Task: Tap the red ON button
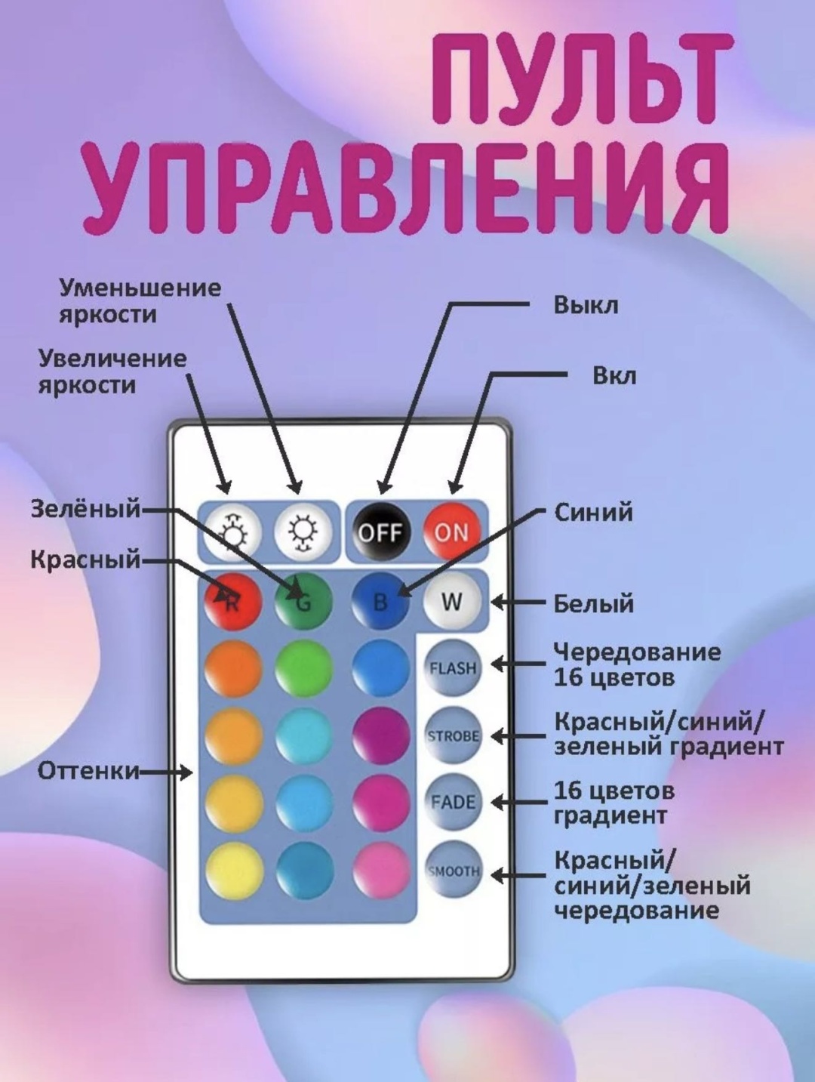[x=451, y=532]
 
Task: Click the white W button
[x=451, y=601]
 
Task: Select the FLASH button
[x=453, y=668]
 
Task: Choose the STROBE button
[x=453, y=735]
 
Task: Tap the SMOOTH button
[x=453, y=871]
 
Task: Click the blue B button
[x=380, y=601]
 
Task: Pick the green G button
[x=304, y=601]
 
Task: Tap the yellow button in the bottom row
[x=234, y=871]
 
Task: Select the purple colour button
[x=380, y=735]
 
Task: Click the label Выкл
[x=586, y=305]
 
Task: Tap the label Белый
[x=593, y=603]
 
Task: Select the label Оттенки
[x=88, y=771]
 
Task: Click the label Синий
[x=593, y=513]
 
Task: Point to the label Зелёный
[x=85, y=508]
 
